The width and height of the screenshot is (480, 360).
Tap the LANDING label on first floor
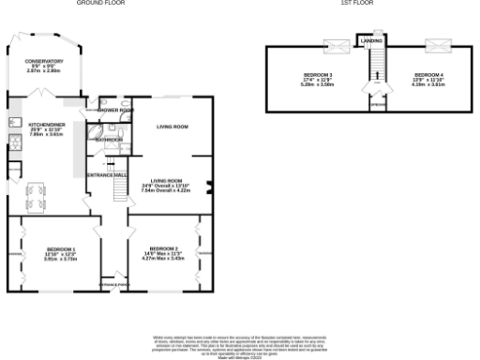pyautogui.click(x=371, y=40)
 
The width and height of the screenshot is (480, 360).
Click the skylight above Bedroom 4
pyautogui.click(x=434, y=43)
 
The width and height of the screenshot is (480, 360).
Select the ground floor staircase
pyautogui.click(x=119, y=190)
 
